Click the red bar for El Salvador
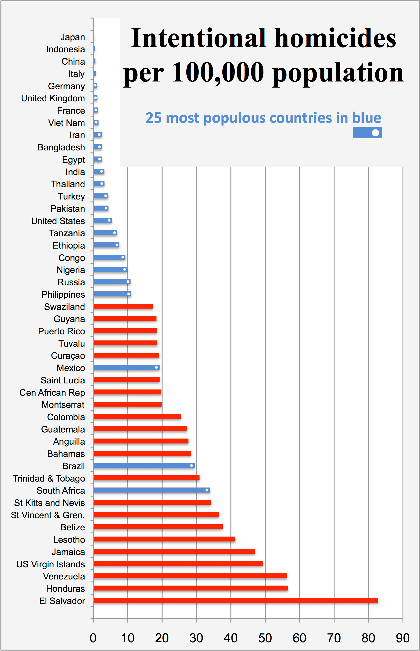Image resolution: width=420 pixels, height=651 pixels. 236,600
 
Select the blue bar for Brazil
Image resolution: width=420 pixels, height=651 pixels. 144,466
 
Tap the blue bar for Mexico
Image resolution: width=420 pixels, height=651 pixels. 126,368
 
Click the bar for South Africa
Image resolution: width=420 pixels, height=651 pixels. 152,490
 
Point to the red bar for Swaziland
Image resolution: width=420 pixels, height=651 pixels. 123,306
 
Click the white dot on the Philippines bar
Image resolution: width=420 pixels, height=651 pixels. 129,294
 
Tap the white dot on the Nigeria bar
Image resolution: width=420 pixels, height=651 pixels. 125,269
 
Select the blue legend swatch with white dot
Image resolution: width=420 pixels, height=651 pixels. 367,133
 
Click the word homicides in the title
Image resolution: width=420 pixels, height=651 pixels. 335,38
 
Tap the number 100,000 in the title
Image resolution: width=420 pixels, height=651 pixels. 218,72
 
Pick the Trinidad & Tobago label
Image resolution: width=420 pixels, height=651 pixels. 49,479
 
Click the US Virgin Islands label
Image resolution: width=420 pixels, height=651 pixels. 51,564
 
